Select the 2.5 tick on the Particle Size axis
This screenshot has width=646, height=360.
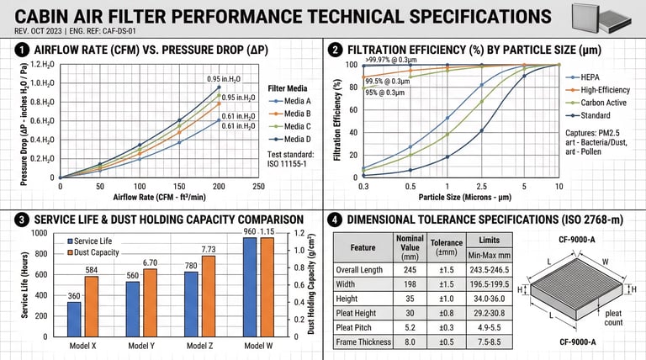[x=482, y=186]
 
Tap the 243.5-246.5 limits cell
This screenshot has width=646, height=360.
[x=476, y=271]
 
